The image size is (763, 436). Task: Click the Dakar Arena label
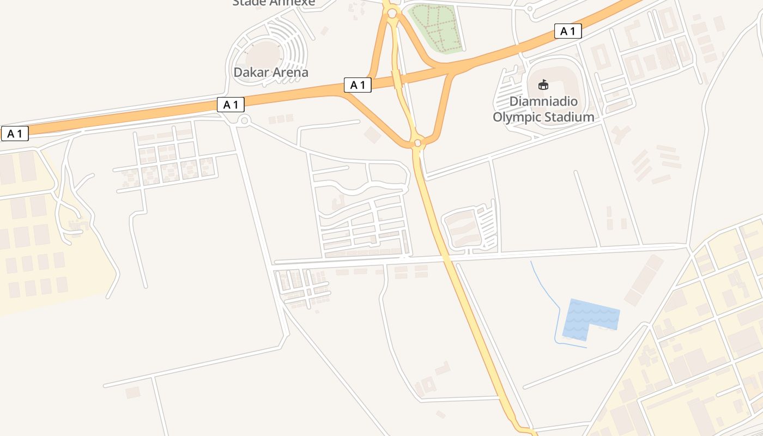click(271, 72)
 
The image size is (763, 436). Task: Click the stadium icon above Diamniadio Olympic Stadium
click(543, 84)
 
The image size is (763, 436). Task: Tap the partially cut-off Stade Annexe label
click(274, 3)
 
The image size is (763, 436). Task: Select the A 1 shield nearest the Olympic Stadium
click(568, 32)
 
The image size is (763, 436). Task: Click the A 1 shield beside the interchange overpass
click(358, 85)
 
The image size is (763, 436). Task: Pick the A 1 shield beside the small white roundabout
click(231, 105)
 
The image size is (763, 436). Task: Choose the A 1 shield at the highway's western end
click(15, 134)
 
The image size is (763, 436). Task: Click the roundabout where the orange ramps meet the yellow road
click(417, 143)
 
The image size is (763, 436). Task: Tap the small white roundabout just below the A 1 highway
click(244, 121)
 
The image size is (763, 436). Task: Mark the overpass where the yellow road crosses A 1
click(398, 80)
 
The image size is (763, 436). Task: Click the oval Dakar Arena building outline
click(264, 55)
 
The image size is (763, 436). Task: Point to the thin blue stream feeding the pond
click(545, 289)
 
